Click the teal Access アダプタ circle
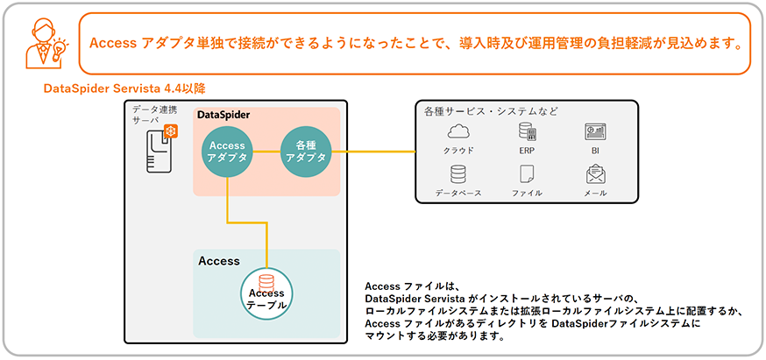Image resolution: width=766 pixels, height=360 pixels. coord(227,152)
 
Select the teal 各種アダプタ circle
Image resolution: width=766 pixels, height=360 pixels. coord(306,152)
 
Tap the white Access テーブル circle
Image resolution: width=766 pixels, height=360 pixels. coord(267,292)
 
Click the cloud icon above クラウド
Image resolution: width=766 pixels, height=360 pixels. coord(458,132)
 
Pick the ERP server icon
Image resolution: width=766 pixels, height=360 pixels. coord(527,132)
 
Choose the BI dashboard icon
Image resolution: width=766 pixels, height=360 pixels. coord(596,132)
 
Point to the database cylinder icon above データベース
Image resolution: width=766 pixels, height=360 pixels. coord(458,173)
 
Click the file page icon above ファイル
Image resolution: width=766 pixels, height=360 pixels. coord(527,173)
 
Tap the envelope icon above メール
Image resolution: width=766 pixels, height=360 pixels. coord(596,173)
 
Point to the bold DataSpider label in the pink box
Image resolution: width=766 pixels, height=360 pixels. coord(223,116)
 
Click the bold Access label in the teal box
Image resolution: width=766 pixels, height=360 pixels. coord(219,261)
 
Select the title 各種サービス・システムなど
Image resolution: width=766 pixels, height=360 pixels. coord(491,111)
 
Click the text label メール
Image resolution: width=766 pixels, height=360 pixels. coord(596,193)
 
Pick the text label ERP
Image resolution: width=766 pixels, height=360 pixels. coord(527,151)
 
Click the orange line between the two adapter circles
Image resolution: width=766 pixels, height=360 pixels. coord(266,152)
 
